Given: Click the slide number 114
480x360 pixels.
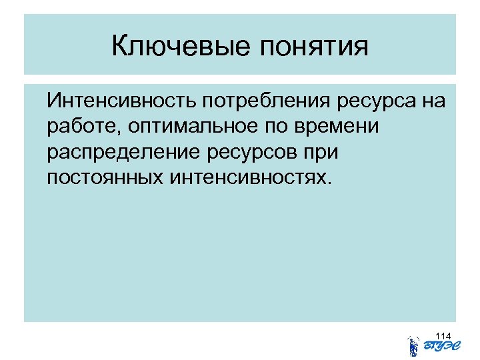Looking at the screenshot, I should (x=443, y=335).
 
